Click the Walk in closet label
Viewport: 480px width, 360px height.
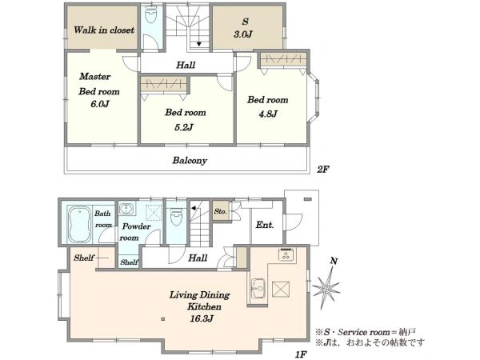(x=104, y=30)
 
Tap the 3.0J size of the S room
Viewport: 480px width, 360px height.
(x=243, y=34)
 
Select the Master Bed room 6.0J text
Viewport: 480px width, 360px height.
(x=98, y=90)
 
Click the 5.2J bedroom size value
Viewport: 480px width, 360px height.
(x=184, y=127)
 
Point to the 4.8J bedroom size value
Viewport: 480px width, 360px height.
(x=268, y=114)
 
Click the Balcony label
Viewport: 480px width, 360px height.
(x=190, y=161)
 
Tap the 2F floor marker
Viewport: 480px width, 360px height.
(x=322, y=170)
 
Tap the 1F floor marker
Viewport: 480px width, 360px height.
(x=302, y=354)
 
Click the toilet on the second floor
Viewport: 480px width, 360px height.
(x=150, y=15)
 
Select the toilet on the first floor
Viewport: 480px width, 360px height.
(x=176, y=217)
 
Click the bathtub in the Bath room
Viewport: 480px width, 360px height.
(x=79, y=224)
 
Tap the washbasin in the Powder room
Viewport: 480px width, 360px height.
(x=126, y=209)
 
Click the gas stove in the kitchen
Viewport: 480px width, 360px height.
(x=287, y=254)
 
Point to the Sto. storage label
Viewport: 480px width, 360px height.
(x=221, y=211)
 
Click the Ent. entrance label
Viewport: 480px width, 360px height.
(x=265, y=225)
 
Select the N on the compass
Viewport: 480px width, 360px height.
(x=334, y=261)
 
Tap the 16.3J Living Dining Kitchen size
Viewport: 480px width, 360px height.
(x=202, y=318)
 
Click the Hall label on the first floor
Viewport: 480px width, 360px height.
(x=198, y=258)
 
